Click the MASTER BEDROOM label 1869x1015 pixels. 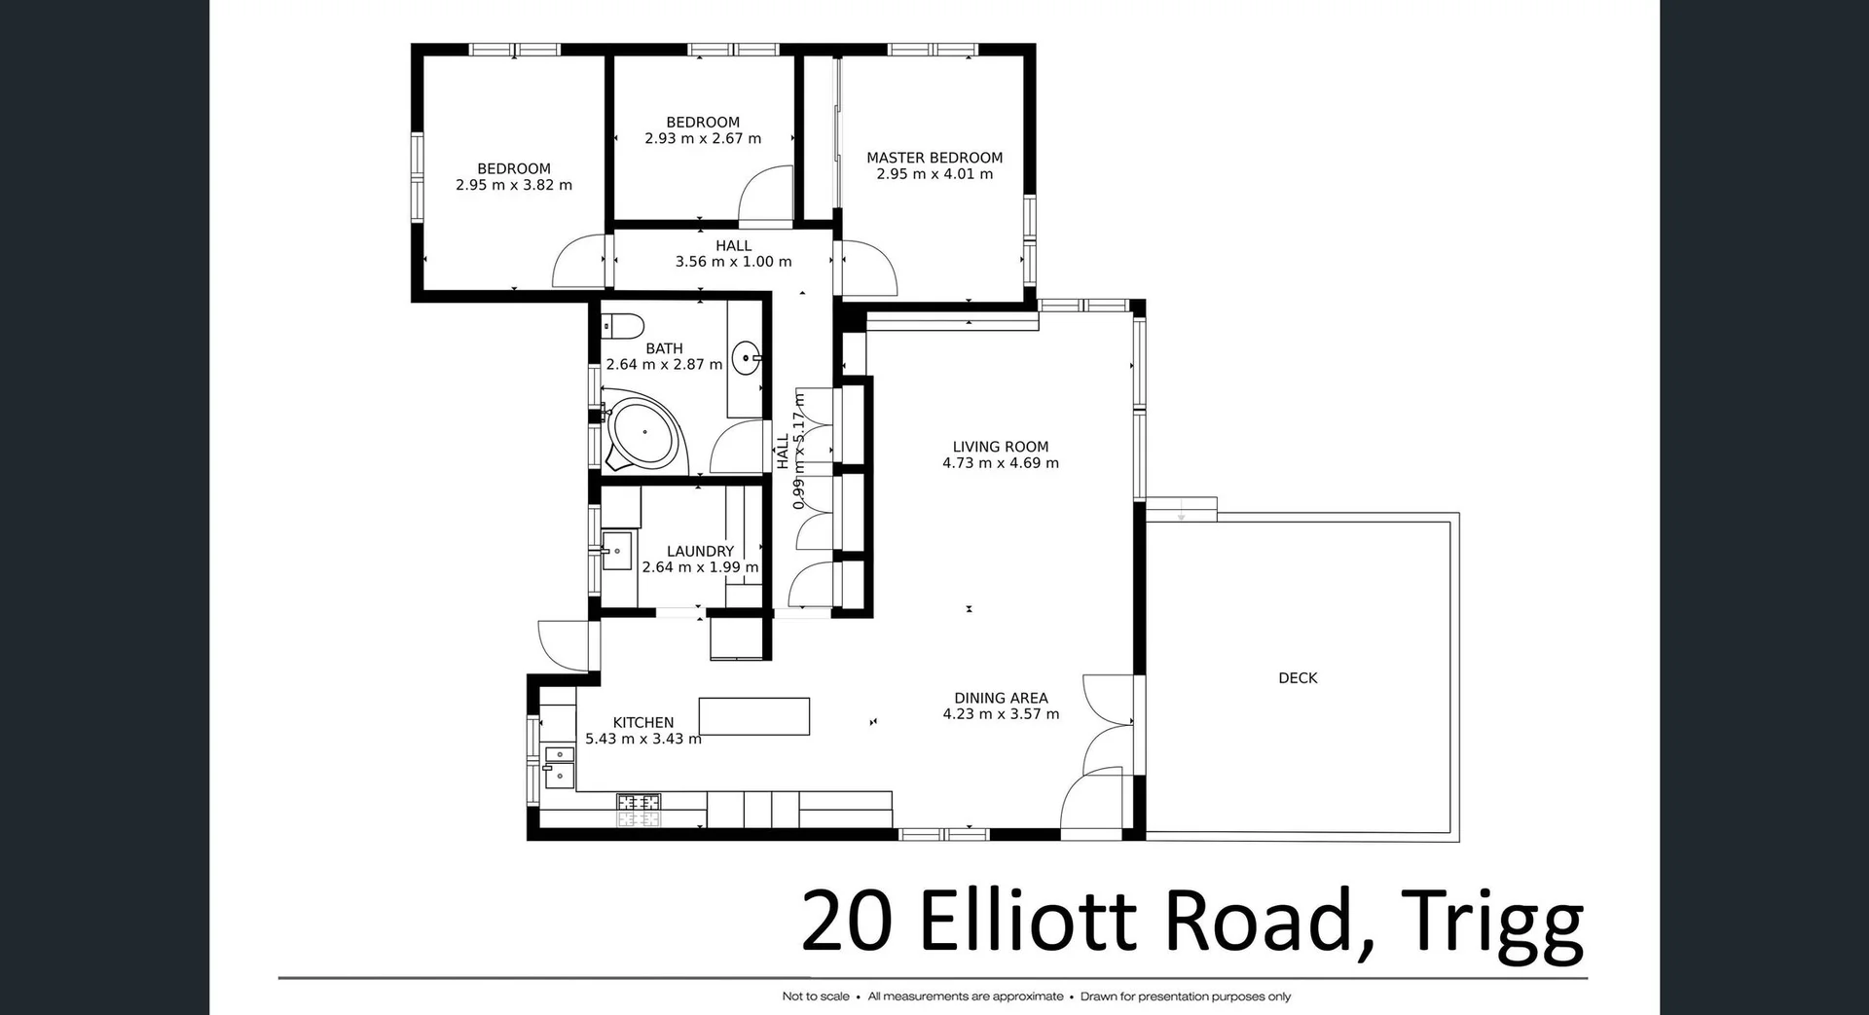click(934, 158)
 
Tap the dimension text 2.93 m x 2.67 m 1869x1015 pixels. click(702, 139)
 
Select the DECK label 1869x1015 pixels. click(1297, 678)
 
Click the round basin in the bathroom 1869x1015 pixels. click(747, 358)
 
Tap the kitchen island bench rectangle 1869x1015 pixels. click(754, 716)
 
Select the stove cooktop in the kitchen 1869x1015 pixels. click(639, 810)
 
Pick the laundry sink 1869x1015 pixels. click(616, 552)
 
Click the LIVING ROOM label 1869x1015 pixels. click(1000, 447)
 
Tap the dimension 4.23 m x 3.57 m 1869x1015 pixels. click(1001, 714)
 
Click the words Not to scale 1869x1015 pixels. click(816, 997)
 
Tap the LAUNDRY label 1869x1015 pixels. click(700, 551)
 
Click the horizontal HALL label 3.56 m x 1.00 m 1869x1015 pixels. click(733, 254)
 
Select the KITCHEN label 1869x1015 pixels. click(642, 722)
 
